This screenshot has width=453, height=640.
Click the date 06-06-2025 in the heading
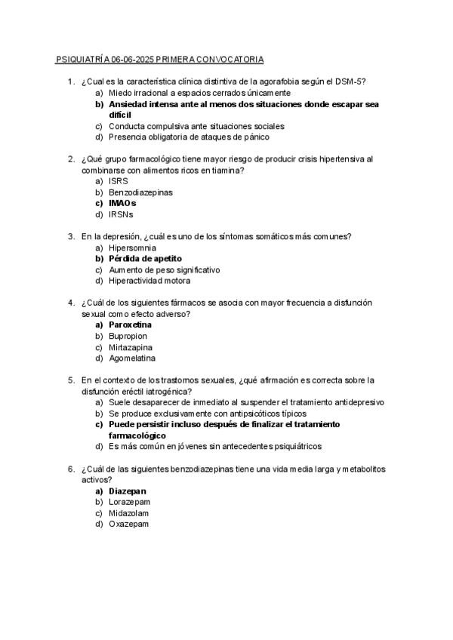(132, 59)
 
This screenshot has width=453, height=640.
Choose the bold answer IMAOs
(122, 203)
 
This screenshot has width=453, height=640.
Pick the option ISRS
(118, 181)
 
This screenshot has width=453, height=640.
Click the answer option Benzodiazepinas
(140, 192)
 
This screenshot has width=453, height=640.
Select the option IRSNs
(121, 214)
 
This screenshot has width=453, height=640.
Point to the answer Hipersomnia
(132, 248)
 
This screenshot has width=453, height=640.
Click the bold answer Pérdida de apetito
(145, 258)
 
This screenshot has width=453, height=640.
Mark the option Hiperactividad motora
(149, 281)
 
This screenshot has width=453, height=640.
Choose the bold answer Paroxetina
(130, 325)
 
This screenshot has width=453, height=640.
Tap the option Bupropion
(128, 336)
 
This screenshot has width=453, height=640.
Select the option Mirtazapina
(130, 347)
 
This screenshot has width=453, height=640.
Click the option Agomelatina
(132, 358)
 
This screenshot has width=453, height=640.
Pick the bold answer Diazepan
(128, 491)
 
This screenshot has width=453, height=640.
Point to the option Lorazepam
(129, 502)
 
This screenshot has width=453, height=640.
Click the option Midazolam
(129, 513)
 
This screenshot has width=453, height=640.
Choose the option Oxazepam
(128, 525)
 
